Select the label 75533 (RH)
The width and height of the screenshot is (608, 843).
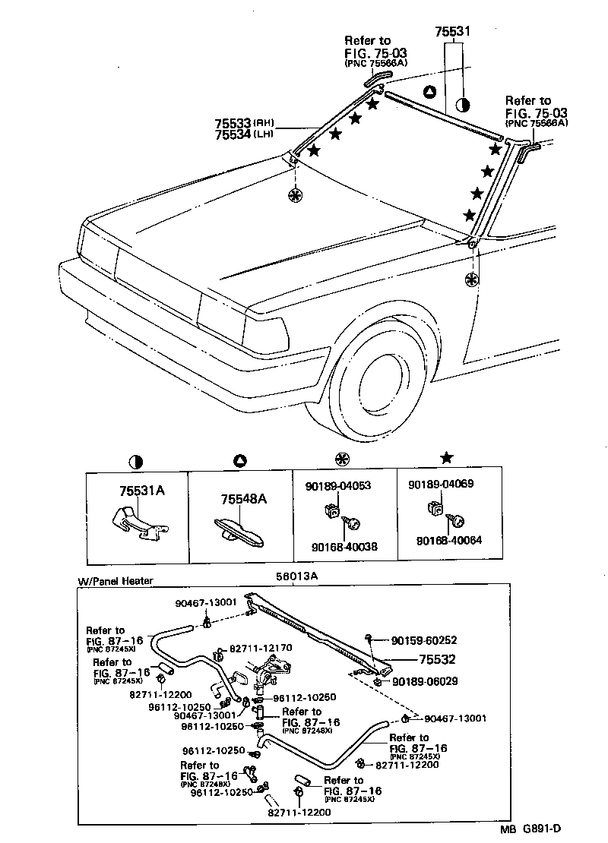click(233, 122)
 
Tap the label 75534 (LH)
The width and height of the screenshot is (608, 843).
click(233, 134)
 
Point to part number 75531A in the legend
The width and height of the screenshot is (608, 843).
click(141, 491)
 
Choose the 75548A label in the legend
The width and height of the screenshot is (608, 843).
click(243, 499)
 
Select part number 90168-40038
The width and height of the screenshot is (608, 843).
click(344, 546)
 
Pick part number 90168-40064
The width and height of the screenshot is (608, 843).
click(448, 540)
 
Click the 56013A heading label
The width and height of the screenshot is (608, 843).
click(296, 576)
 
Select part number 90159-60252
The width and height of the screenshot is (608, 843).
click(425, 641)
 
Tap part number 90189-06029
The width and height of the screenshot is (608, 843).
click(425, 681)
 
